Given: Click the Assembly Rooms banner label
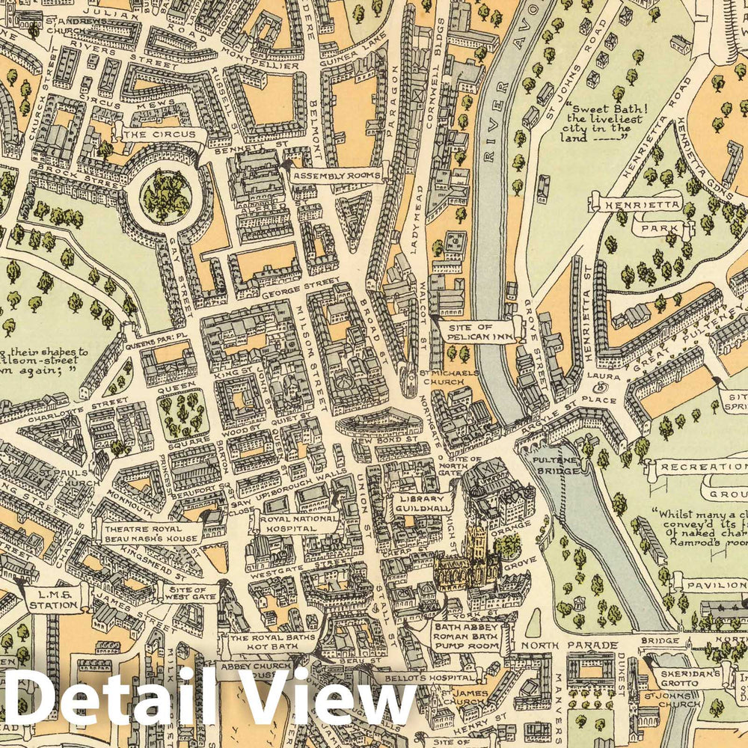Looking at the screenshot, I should [x=337, y=177].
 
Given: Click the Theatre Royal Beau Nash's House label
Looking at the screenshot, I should [x=147, y=533].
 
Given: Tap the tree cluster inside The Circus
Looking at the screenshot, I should [x=166, y=197].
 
